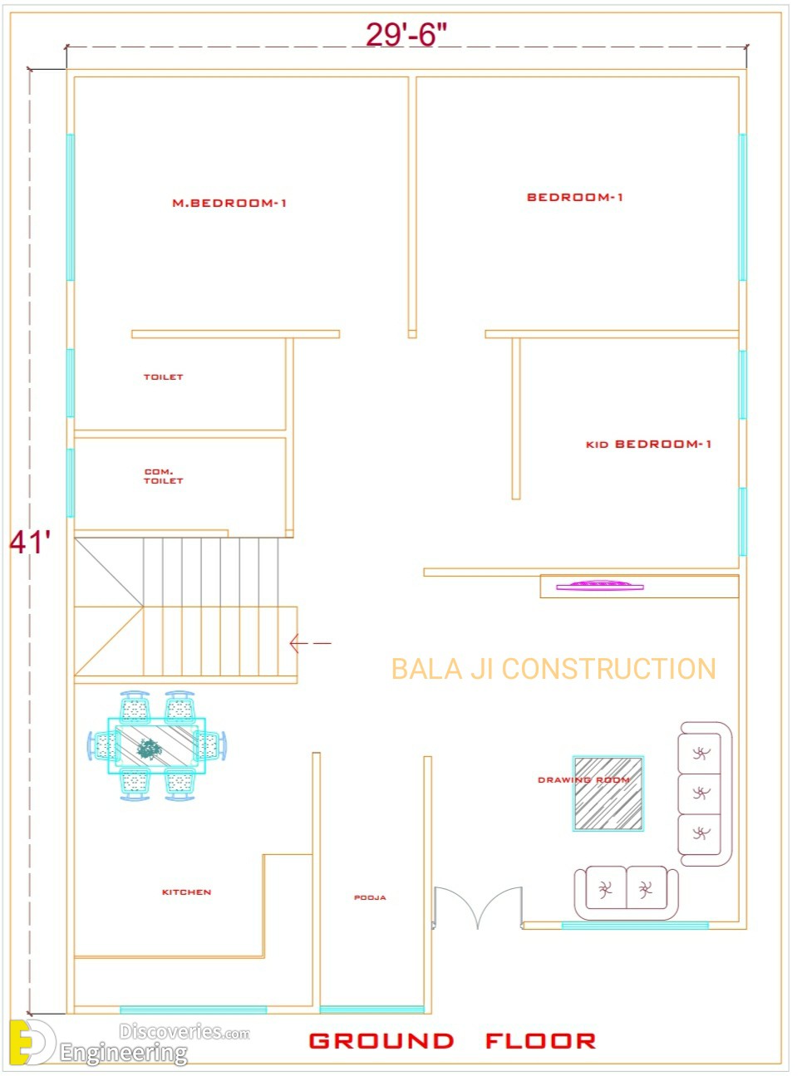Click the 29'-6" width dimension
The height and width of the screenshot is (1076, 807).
click(x=406, y=34)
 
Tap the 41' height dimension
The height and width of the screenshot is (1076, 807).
click(x=30, y=543)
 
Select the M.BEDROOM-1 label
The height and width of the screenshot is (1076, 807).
click(x=229, y=203)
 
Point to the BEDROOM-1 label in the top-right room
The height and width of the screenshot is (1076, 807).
click(x=574, y=197)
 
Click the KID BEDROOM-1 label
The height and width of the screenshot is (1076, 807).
click(x=648, y=445)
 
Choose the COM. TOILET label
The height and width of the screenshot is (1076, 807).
click(x=163, y=476)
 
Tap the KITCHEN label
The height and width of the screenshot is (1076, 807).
click(x=186, y=892)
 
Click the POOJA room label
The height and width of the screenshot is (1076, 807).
click(x=370, y=897)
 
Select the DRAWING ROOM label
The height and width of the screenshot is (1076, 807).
click(x=584, y=780)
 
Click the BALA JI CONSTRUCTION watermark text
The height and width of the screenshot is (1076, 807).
click(x=554, y=669)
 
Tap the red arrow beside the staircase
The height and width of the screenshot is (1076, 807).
click(x=310, y=643)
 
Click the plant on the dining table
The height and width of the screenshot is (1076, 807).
click(x=149, y=749)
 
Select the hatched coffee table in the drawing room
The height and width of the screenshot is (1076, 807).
click(x=608, y=793)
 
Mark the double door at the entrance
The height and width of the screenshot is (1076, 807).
click(x=478, y=907)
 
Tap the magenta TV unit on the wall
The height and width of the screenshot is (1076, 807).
click(x=599, y=585)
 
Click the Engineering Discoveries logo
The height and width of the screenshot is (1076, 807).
click(x=130, y=1043)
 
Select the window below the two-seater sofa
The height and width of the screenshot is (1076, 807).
click(x=635, y=926)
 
